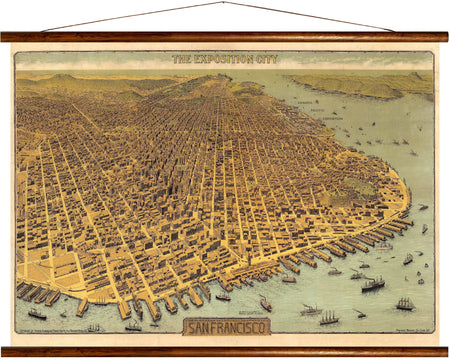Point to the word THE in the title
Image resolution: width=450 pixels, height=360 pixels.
[182, 60]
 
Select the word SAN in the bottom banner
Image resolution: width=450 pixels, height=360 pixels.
[200, 327]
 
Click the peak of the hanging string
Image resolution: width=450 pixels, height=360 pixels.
[226, 4]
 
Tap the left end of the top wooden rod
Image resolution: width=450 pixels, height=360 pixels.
[4, 37]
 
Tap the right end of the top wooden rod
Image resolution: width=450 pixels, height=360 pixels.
[445, 37]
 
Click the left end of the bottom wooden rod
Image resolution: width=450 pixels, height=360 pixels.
[4, 351]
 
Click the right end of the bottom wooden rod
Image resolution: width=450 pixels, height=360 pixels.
[445, 351]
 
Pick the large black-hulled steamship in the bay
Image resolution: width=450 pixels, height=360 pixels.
[372, 285]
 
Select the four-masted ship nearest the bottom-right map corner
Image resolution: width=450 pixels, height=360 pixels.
[405, 303]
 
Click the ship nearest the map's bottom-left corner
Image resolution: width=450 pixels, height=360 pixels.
[37, 314]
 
